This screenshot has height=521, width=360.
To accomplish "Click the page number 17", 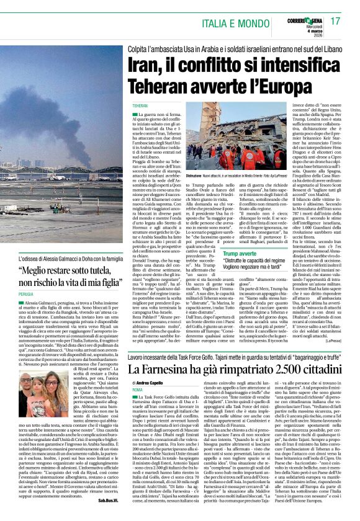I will pos(336,20).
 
